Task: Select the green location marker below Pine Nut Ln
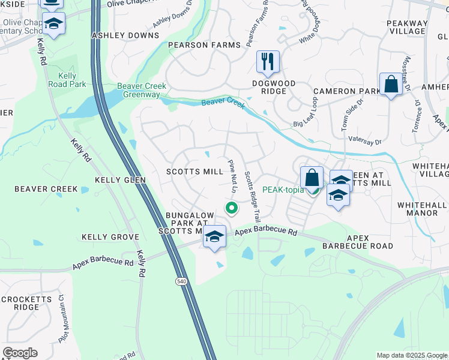tap(231, 208)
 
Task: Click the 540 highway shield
tap(181, 281)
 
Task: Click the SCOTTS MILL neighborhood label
tap(194, 172)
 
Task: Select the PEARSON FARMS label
tap(204, 45)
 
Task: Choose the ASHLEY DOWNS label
tap(124, 36)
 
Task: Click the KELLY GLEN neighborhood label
tap(120, 179)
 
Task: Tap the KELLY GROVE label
tap(111, 238)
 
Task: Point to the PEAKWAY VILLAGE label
tap(407, 28)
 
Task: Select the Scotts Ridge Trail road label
tap(252, 197)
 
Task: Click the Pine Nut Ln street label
tap(232, 176)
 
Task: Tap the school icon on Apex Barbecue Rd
tap(214, 236)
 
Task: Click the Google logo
tap(20, 353)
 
